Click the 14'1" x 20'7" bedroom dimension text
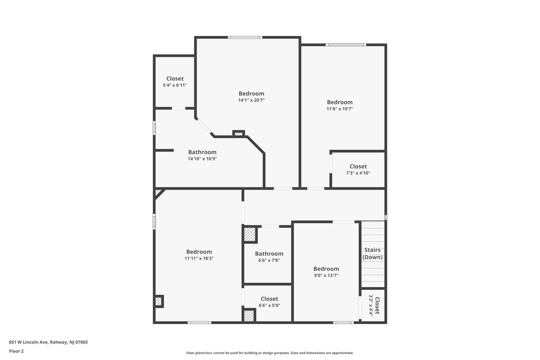click(x=251, y=100)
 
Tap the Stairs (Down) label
click(x=373, y=253)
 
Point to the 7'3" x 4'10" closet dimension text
click(x=358, y=173)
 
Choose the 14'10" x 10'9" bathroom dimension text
click(x=202, y=159)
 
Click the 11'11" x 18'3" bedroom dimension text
click(x=199, y=258)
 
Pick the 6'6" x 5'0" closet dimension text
click(x=269, y=305)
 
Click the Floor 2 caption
click(x=17, y=351)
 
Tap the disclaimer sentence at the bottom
click(x=270, y=353)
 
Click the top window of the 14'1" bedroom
click(x=245, y=37)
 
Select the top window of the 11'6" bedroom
click(x=346, y=45)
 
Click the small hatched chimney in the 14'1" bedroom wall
click(x=239, y=134)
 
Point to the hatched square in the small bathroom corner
click(x=250, y=234)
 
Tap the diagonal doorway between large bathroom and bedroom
click(x=204, y=126)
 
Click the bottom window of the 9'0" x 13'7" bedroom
click(x=343, y=323)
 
